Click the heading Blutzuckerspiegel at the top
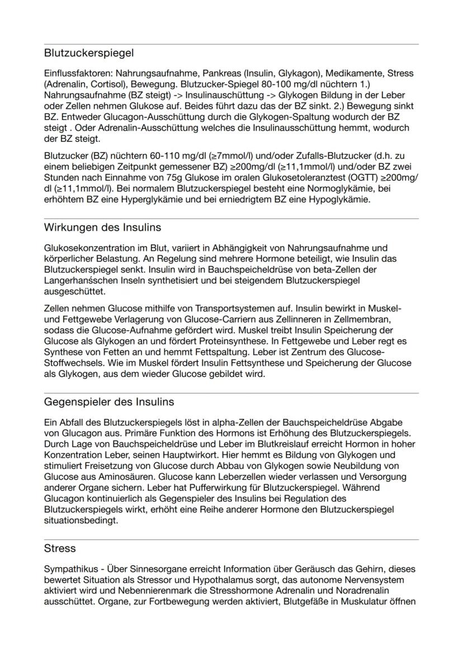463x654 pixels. [x=89, y=54]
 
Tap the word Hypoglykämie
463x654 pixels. [x=343, y=199]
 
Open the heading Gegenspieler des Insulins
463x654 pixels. [x=109, y=402]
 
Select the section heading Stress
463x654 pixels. [x=60, y=549]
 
